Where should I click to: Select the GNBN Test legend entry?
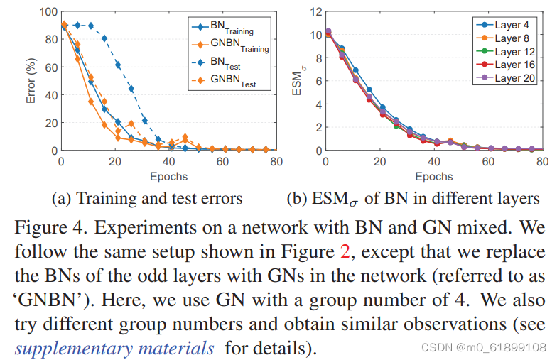click(x=225, y=82)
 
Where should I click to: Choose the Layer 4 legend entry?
click(x=507, y=25)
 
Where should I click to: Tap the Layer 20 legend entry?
click(x=507, y=78)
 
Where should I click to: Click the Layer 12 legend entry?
click(x=507, y=52)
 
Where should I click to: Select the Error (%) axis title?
click(x=31, y=80)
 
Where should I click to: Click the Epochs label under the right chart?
click(x=433, y=175)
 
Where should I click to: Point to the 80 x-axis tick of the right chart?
click(x=541, y=162)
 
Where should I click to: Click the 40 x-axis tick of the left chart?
click(x=168, y=162)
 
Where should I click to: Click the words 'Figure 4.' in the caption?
click(x=43, y=229)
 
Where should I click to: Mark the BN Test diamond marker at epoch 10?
click(x=90, y=26)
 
